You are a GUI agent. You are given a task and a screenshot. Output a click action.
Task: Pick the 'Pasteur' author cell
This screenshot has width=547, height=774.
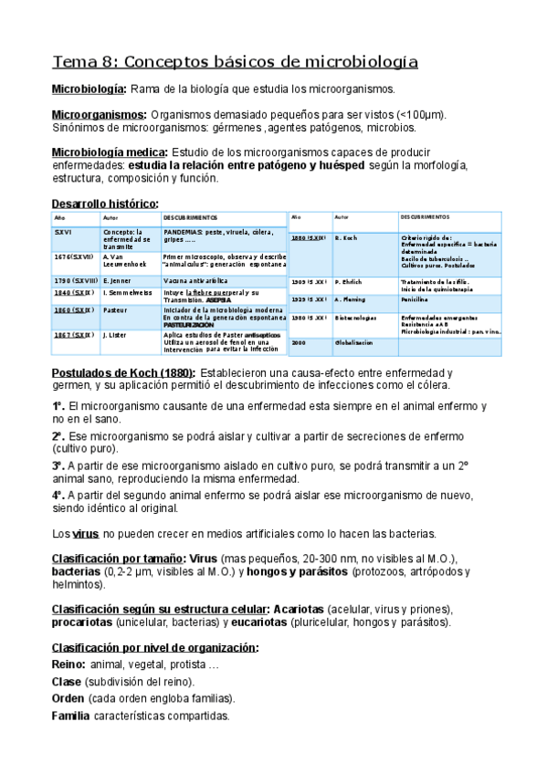click(x=114, y=310)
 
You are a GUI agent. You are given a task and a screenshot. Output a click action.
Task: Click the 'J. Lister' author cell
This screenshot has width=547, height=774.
click(x=116, y=335)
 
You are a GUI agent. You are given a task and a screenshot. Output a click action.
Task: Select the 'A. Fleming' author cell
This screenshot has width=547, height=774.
click(x=350, y=298)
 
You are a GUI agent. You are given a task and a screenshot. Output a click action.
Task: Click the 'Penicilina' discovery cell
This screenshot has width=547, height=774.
click(x=417, y=298)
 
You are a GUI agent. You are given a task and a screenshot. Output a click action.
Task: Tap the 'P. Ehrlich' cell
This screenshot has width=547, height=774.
click(x=349, y=281)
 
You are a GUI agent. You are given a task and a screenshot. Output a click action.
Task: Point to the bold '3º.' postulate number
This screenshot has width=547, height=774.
click(x=58, y=465)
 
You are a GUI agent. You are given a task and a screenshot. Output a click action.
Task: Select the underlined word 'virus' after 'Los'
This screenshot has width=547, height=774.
click(x=86, y=533)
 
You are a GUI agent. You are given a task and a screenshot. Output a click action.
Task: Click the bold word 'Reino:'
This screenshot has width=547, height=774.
click(x=69, y=664)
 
